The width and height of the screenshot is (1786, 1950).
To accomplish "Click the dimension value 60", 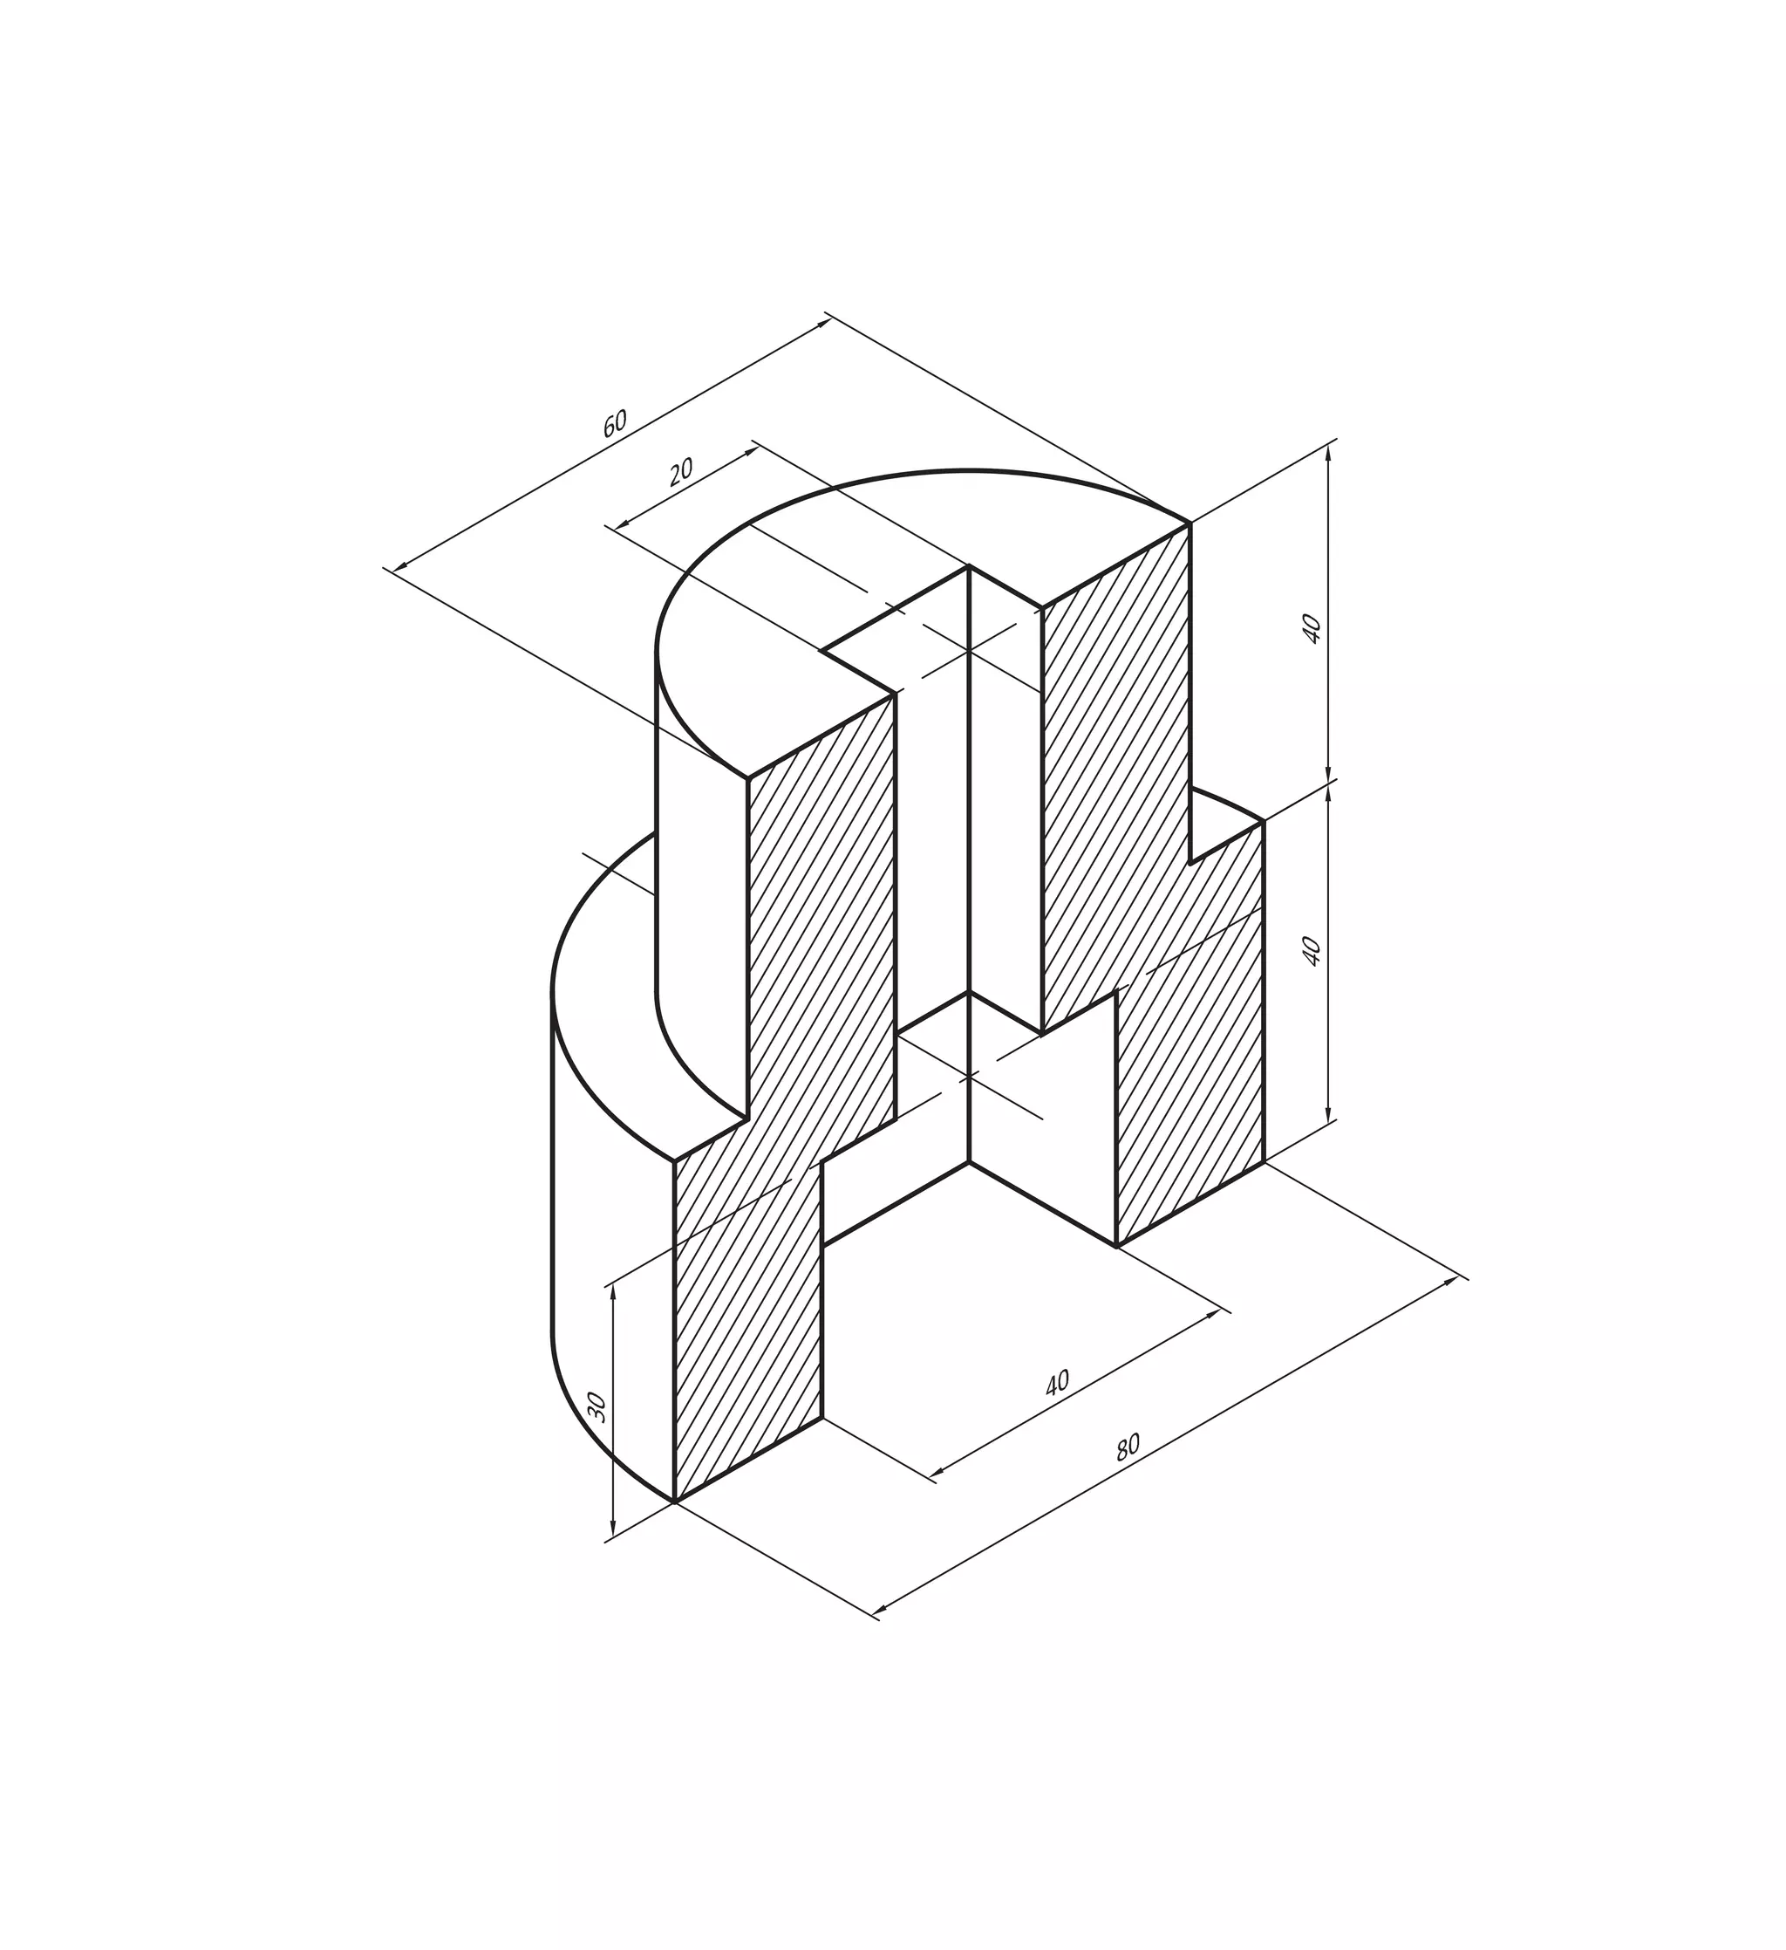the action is point(615,424).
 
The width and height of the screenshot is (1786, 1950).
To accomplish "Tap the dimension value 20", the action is point(682,471).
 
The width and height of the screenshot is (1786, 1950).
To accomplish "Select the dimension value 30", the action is point(596,1406).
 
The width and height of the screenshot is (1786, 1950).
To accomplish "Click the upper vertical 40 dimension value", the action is point(1312,629).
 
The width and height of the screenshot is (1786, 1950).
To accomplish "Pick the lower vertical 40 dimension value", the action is point(1312,950).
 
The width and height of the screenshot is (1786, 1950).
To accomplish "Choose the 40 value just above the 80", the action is point(1057,1382).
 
